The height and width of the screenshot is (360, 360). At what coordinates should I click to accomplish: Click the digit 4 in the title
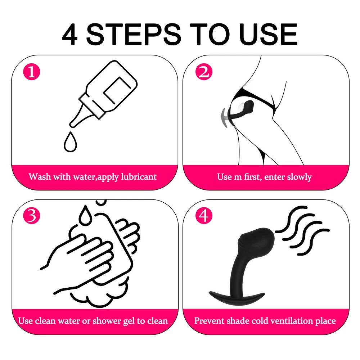click(70, 35)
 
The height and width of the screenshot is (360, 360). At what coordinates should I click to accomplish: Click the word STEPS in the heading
click(134, 35)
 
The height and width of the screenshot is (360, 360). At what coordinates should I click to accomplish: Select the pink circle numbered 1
click(32, 72)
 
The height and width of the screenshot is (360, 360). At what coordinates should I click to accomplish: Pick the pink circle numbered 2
click(204, 72)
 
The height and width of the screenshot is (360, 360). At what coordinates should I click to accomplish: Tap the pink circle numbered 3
click(32, 216)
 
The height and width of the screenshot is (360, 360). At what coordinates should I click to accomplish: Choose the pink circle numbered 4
click(204, 216)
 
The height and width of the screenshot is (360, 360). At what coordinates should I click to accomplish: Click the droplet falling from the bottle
click(70, 142)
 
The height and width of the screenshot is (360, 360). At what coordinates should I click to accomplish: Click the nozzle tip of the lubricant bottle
click(72, 125)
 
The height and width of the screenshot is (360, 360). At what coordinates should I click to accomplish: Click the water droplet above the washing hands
click(85, 215)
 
